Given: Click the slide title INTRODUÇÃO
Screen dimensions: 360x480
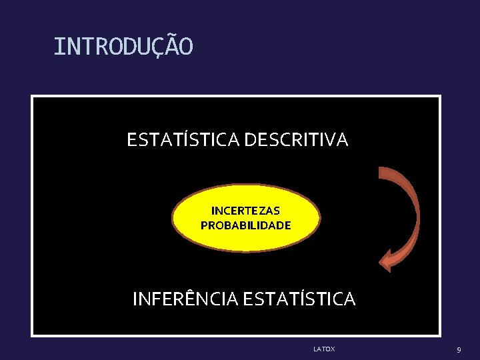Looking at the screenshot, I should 123,47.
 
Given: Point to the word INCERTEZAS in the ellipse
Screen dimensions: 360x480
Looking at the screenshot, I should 246,211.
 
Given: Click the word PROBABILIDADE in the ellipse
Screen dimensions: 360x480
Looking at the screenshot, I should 246,225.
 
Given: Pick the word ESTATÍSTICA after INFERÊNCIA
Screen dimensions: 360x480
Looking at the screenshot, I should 299,299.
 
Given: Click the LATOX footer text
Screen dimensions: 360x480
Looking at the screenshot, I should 324,349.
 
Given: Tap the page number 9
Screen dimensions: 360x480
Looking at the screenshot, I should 459,349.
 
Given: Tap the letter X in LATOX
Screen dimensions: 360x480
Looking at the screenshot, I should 333,349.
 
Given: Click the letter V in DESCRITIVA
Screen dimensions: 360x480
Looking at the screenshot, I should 331,140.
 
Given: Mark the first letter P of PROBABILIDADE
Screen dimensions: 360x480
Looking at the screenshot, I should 204,225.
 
